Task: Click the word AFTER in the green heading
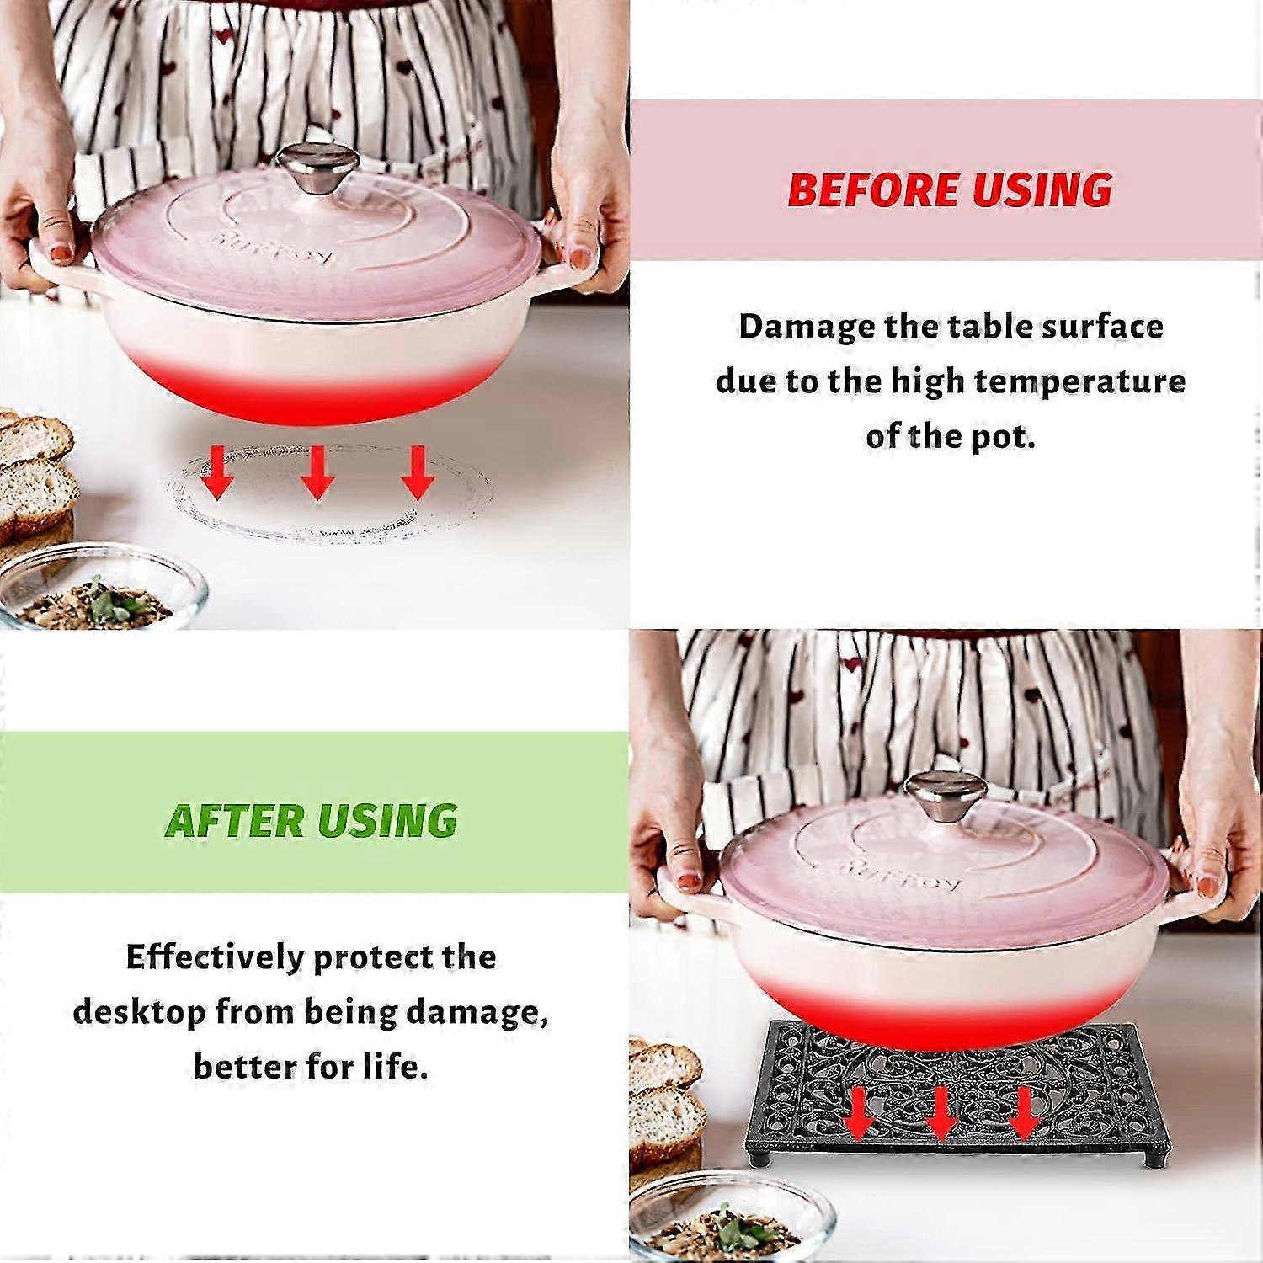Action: (x=234, y=821)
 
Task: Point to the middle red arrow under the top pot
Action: (x=317, y=472)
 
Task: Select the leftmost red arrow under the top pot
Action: (x=218, y=472)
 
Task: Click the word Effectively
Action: (x=215, y=957)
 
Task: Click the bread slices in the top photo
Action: (x=36, y=480)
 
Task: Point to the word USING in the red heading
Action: (x=1042, y=189)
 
